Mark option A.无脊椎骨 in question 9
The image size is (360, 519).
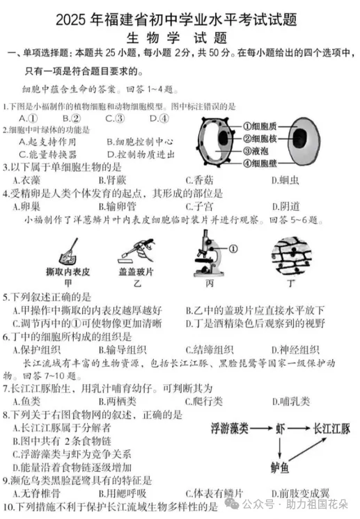click(x=32, y=493)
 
